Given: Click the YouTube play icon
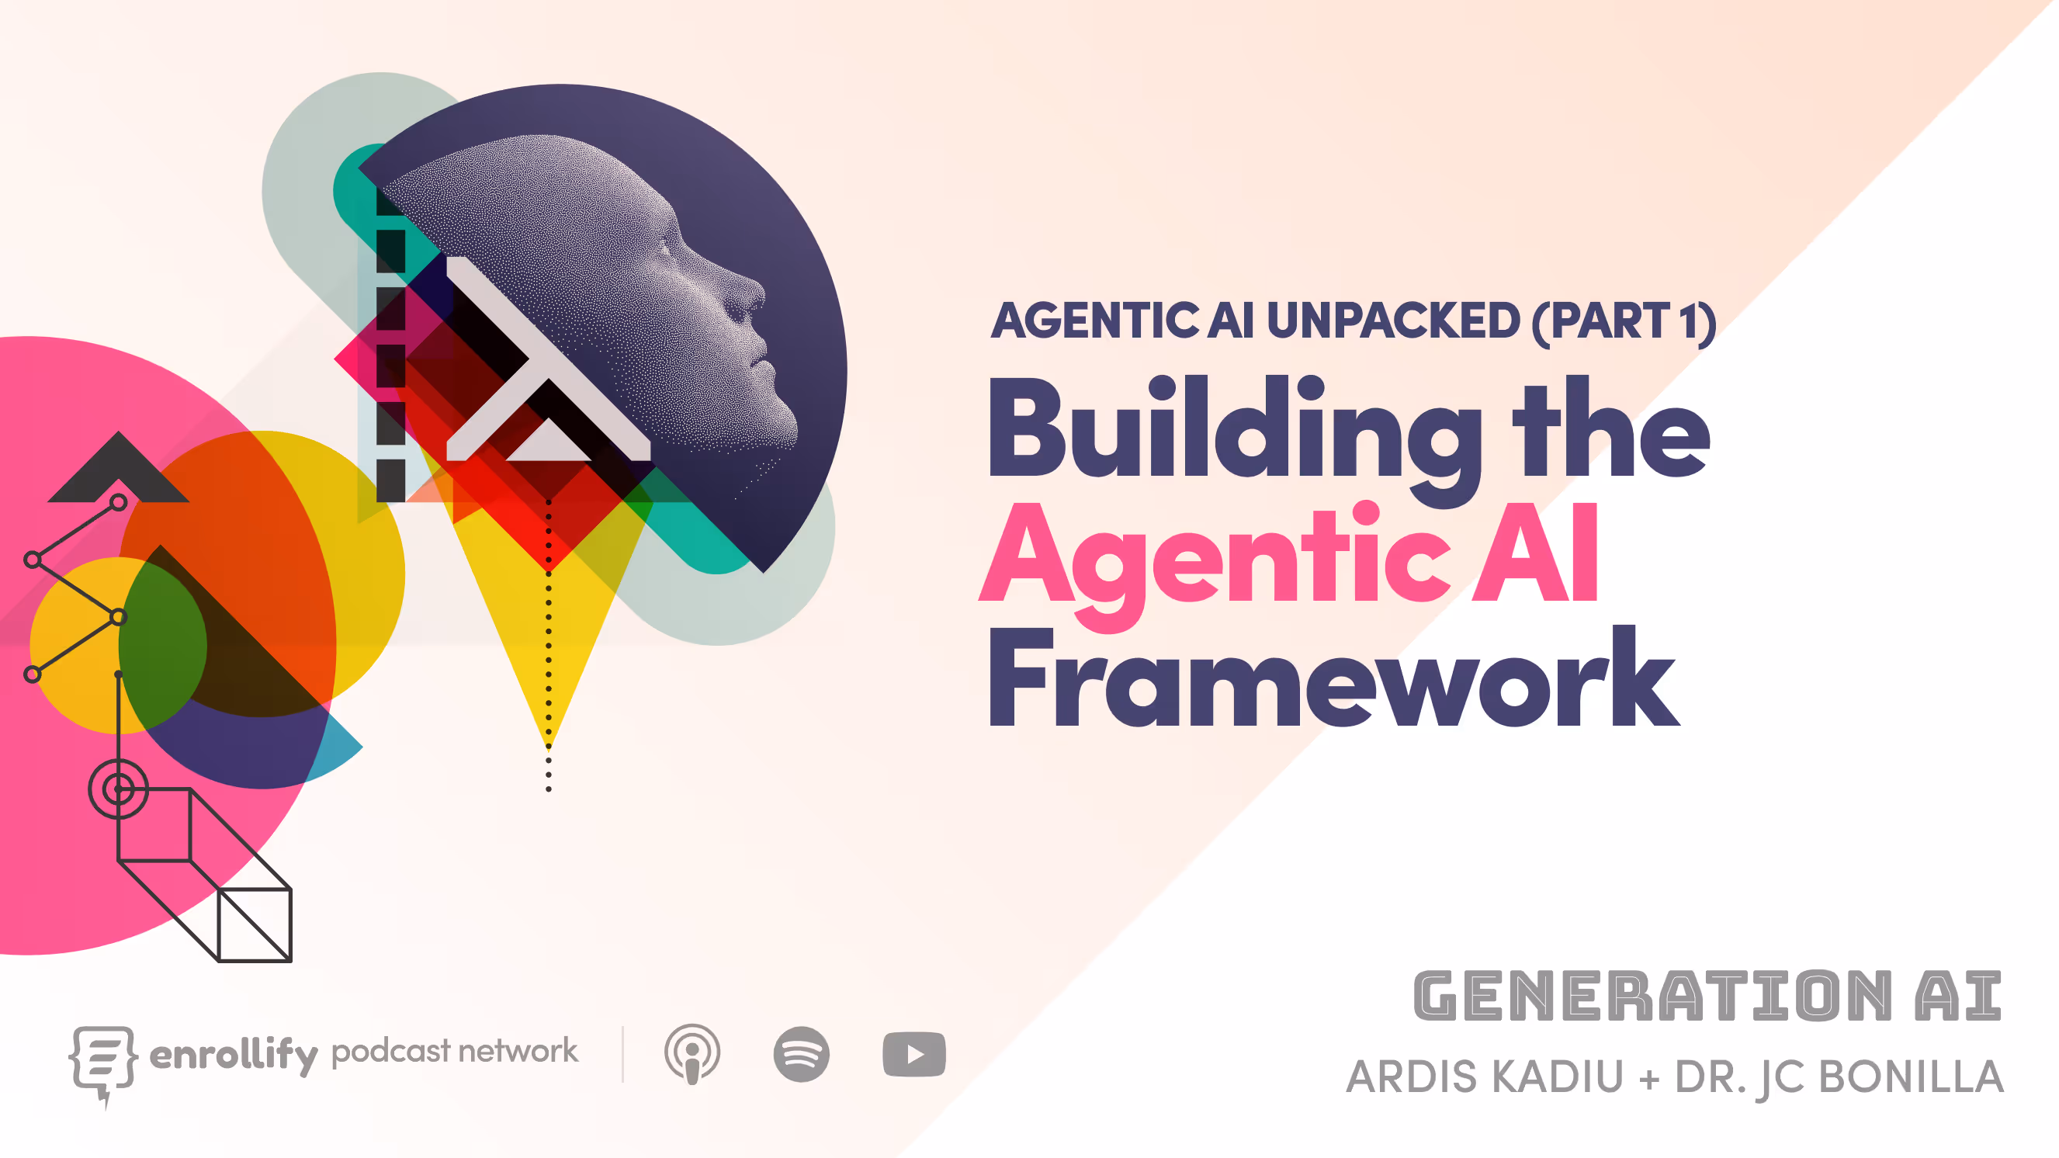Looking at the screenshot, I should (913, 1055).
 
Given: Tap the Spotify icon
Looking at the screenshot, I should (801, 1054).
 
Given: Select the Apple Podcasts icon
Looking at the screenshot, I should (692, 1054).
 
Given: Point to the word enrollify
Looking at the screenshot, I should (234, 1054).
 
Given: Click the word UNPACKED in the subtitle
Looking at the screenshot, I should (1392, 321).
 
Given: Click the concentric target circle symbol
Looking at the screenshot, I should (118, 789).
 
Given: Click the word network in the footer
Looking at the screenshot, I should (518, 1051).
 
